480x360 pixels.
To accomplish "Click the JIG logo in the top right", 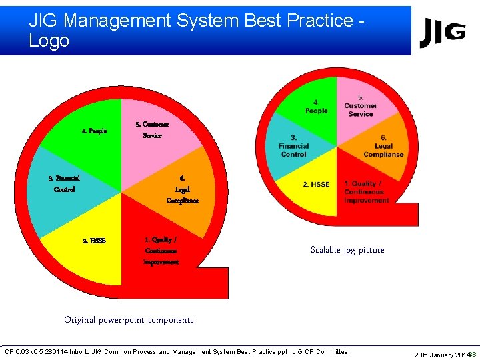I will [x=443, y=33].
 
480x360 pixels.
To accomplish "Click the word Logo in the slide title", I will [x=49, y=41].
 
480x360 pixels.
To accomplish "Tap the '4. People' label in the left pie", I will [x=94, y=131].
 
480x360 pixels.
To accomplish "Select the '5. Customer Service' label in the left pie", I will [x=152, y=130].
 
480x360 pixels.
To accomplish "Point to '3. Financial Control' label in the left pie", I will [x=64, y=183].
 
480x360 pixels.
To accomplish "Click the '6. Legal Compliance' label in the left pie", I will [x=182, y=189].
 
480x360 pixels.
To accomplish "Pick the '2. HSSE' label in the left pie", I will [x=94, y=241].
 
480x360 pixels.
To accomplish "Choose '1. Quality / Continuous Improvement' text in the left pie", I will [x=161, y=251].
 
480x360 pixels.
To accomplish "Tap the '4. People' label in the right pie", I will [x=316, y=107].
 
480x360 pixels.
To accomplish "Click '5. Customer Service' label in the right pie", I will [x=361, y=106].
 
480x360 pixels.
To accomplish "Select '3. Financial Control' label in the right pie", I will [x=293, y=146].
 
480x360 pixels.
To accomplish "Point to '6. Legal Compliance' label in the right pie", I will [x=383, y=146].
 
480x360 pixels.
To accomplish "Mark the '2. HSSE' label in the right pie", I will [x=316, y=184].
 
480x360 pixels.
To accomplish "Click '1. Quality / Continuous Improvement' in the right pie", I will [x=367, y=192].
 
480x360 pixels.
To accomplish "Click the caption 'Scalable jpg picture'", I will [x=347, y=250].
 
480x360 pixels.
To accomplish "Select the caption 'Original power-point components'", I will [x=129, y=320].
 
